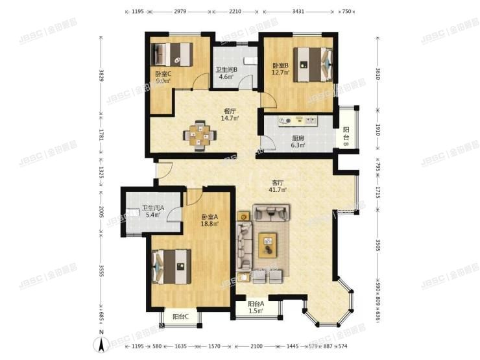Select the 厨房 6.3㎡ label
click(298, 141)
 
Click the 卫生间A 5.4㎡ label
click(152, 211)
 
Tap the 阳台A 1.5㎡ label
click(255, 307)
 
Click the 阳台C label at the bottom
click(180, 317)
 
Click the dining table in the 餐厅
click(200, 135)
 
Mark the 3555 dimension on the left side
click(101, 271)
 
